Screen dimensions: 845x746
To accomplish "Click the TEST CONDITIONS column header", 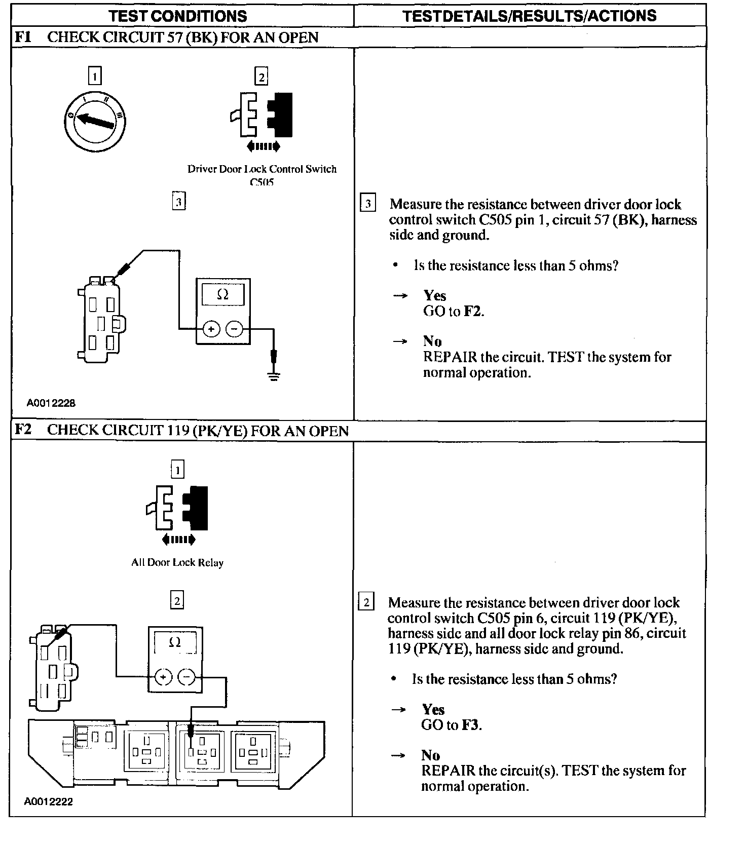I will [178, 16].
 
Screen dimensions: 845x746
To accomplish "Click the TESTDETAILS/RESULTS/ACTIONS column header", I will [530, 16].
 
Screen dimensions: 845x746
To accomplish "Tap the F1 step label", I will [23, 37].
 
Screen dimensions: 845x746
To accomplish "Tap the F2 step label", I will [23, 430].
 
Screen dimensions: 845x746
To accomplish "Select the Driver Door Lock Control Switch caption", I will [262, 169].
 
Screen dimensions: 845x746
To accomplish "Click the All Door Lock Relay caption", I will [177, 562].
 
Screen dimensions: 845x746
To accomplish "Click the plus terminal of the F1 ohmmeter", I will [211, 329].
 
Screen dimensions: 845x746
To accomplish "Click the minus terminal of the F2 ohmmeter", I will [187, 676].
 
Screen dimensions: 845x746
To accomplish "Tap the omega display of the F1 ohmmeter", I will [222, 294].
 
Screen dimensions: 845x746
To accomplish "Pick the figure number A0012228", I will [51, 403].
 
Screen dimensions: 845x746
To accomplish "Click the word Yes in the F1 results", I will [435, 296].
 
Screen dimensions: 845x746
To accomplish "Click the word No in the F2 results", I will [431, 755].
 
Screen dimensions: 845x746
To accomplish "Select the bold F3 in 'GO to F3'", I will [471, 725].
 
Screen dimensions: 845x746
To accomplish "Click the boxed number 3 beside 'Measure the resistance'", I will [367, 204].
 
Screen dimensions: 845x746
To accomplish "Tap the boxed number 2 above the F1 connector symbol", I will [261, 77].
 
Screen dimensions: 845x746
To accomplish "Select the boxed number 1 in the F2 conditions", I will [177, 470].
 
